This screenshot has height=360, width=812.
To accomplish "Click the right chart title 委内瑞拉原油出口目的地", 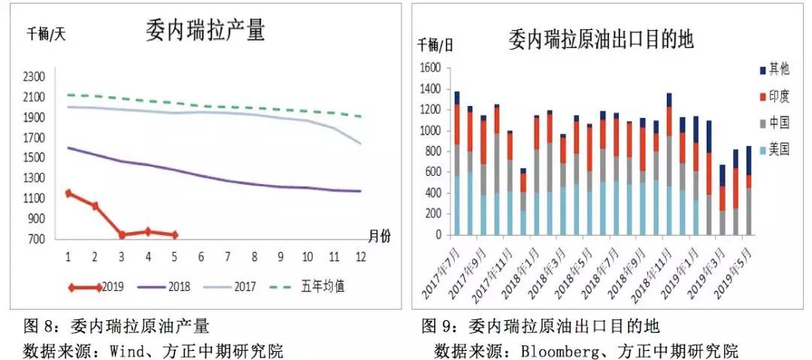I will pos(601,38).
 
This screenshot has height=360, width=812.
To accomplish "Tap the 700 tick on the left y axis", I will pos(38,240).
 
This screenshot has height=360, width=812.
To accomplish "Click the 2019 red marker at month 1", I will pos(68,193).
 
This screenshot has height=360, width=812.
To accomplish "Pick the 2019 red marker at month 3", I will pos(122,234).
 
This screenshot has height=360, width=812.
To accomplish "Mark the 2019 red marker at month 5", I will pos(175,234).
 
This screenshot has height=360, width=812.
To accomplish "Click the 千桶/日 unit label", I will pos(436,44).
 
